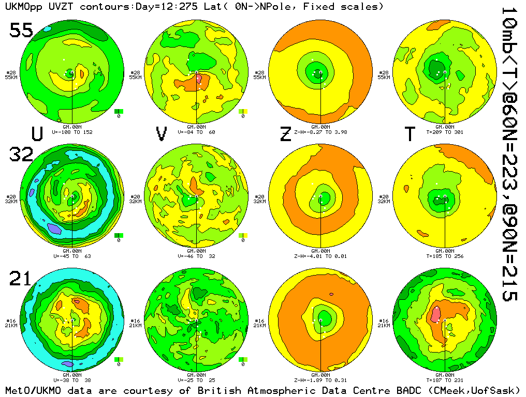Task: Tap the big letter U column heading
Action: [x=37, y=133]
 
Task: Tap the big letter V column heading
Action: [x=162, y=133]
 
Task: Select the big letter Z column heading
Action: [x=285, y=133]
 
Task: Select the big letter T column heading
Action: [x=410, y=133]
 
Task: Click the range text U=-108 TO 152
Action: [x=73, y=132]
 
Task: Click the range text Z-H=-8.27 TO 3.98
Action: [x=322, y=132]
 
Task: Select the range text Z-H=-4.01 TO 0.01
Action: [x=322, y=256]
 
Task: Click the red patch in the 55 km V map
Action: [x=199, y=78]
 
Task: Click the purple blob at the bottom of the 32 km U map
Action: [x=53, y=227]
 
